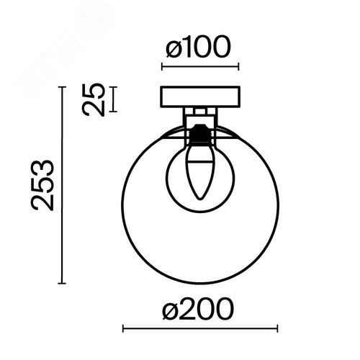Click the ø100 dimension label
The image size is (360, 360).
198,47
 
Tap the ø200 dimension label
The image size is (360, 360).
198,308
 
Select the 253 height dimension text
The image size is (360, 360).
42,185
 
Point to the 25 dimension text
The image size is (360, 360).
94,99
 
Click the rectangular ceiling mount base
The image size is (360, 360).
200,96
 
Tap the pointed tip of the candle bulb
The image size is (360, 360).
200,199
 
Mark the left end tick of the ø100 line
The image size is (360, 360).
162,66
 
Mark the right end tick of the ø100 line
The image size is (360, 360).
238,66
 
